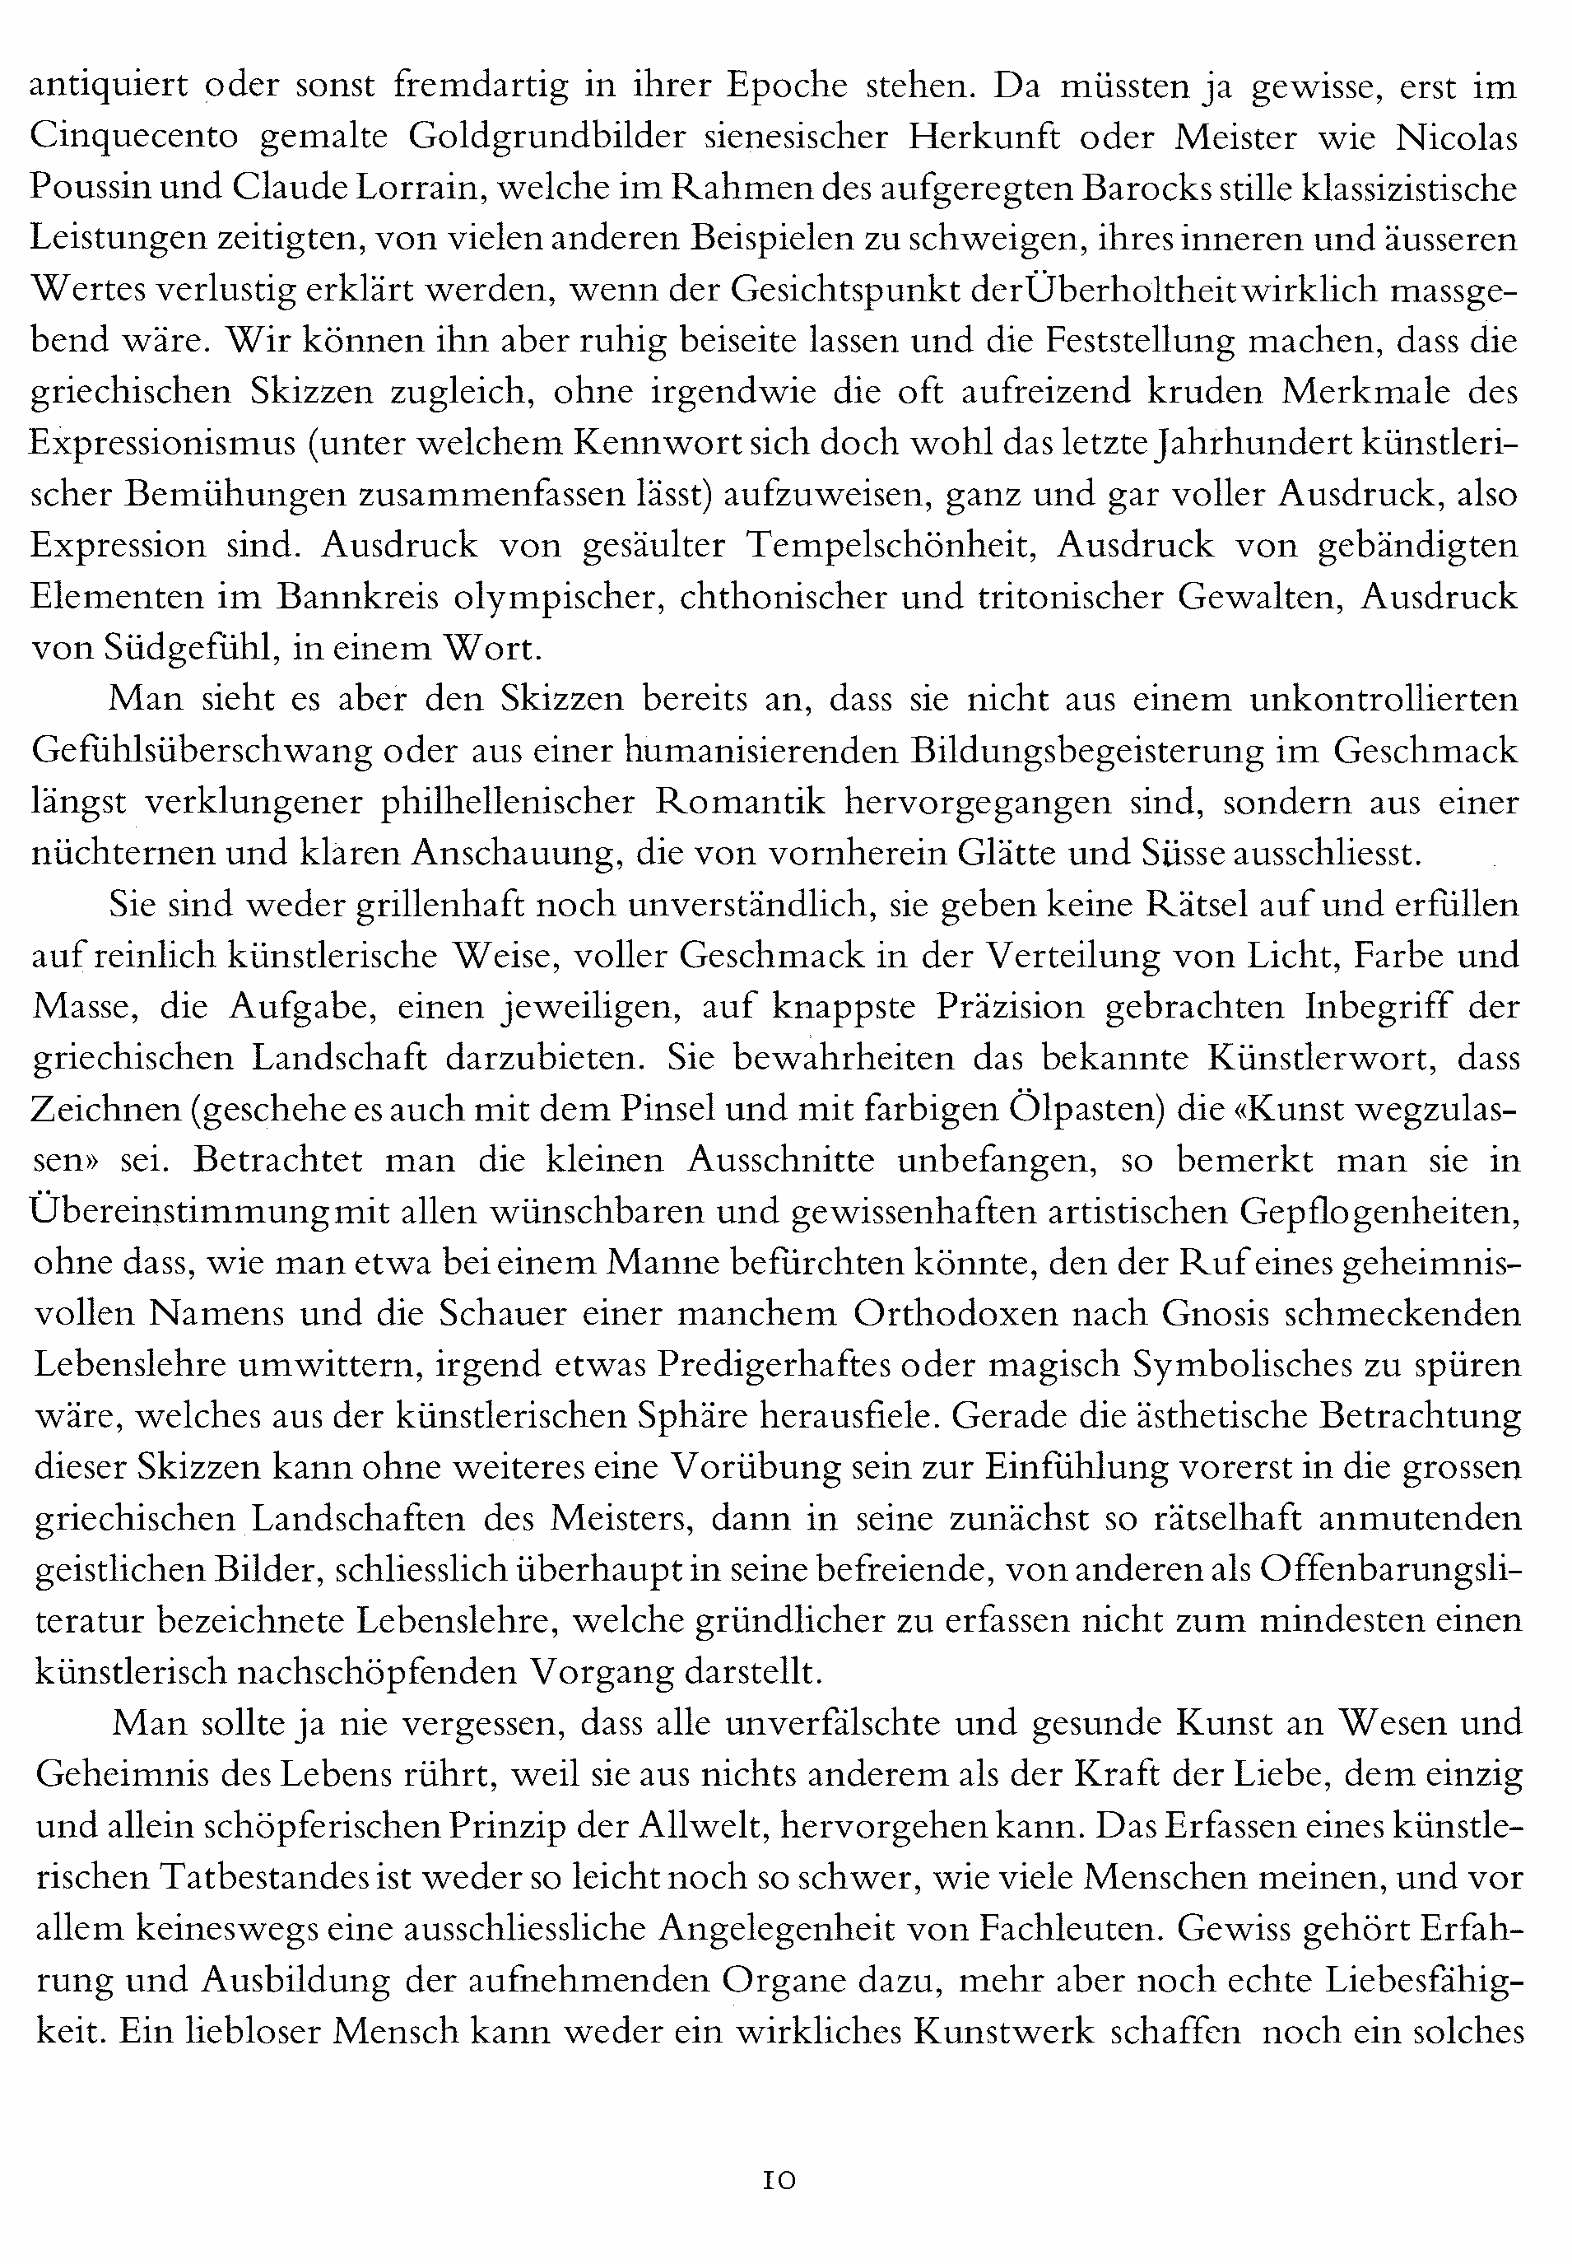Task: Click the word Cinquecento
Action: (x=134, y=136)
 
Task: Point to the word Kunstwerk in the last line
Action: (x=1002, y=2032)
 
